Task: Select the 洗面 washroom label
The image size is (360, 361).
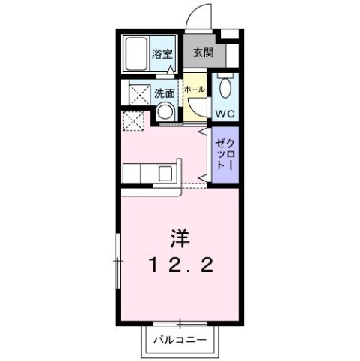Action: coord(165,94)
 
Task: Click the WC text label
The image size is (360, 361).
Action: coord(225,114)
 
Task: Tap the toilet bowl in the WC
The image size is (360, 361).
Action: coord(225,89)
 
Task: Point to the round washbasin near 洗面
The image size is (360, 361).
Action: coord(165,113)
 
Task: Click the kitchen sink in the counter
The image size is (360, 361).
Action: coord(165,175)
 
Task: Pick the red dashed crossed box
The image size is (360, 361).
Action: coord(133,120)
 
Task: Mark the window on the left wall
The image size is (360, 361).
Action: coord(117,260)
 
